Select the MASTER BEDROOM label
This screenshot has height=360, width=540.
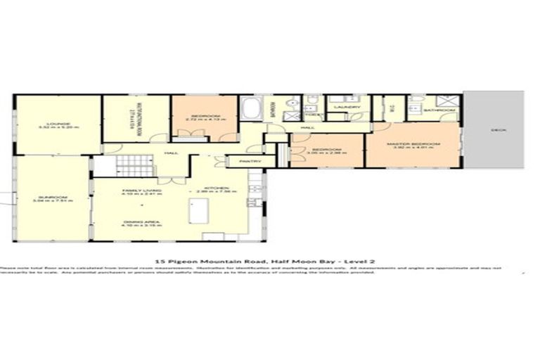(x=416, y=143)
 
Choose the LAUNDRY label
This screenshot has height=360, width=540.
(x=347, y=108)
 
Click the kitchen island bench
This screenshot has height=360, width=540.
(x=194, y=211)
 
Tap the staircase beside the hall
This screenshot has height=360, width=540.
(x=134, y=166)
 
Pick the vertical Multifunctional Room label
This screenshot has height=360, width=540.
(x=139, y=117)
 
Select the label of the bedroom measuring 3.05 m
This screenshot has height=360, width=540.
(x=327, y=150)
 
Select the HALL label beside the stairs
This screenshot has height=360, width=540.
(x=169, y=152)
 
